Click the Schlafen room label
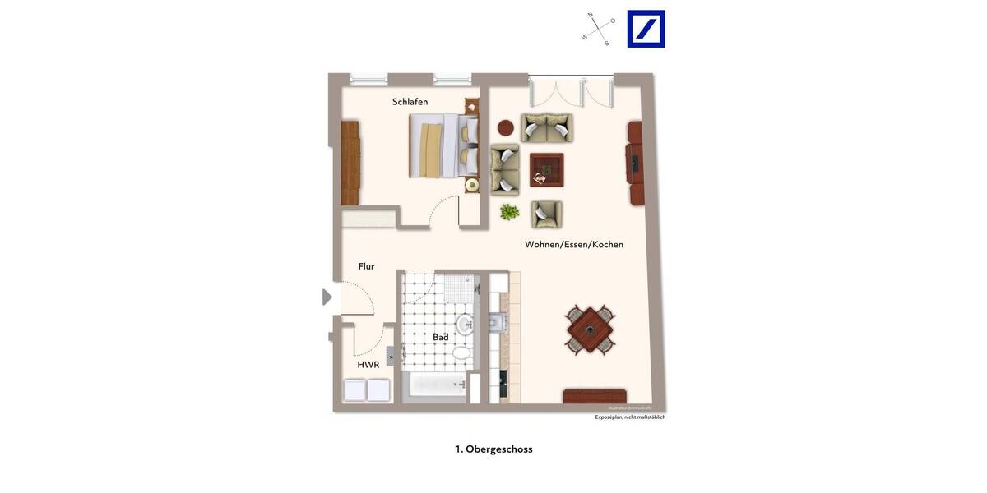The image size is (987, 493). [x=410, y=102]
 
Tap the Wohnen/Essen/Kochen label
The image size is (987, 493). [x=574, y=244]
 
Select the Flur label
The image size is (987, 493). [x=366, y=266]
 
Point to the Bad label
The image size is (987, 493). [x=441, y=337]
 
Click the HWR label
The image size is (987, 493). [x=368, y=365]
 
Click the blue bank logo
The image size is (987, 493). [x=646, y=29]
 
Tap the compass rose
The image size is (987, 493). [x=598, y=29]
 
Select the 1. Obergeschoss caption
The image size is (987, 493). [x=493, y=449]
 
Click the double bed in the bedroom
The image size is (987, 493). [x=443, y=145]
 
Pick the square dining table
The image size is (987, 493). [x=591, y=330]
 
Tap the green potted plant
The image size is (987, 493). [x=510, y=212]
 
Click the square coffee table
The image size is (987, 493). [x=546, y=170]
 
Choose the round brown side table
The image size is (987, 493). [x=506, y=128]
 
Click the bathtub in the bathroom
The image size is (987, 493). [x=438, y=384]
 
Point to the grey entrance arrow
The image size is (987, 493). [x=327, y=297]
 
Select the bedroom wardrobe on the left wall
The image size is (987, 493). [x=350, y=163]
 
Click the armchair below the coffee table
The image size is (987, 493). [x=546, y=214]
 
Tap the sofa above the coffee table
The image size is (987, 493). [x=546, y=128]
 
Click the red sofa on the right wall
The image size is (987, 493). [x=635, y=164]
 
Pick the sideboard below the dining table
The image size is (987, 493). [x=595, y=396]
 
